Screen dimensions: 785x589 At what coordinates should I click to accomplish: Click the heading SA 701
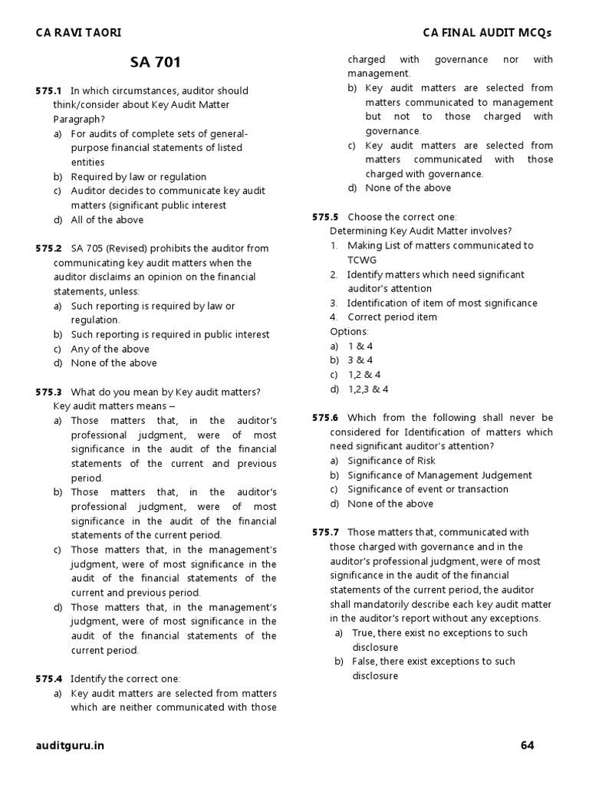(x=156, y=62)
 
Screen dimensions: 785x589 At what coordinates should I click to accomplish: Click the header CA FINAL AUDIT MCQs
(x=487, y=32)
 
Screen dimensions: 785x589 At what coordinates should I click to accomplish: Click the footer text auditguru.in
(x=70, y=745)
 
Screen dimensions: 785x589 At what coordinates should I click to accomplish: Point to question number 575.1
(x=48, y=90)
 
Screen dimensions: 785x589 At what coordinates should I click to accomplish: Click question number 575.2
(x=48, y=248)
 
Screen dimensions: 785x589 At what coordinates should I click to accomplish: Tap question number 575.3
(x=48, y=392)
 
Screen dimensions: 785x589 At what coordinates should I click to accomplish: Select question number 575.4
(x=48, y=678)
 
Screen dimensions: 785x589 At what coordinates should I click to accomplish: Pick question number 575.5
(x=325, y=217)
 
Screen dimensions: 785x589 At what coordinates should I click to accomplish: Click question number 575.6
(x=325, y=418)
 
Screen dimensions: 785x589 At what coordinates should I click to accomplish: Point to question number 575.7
(x=325, y=532)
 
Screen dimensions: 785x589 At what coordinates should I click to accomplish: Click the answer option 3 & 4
(x=360, y=360)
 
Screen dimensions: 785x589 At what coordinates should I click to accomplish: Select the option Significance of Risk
(x=391, y=461)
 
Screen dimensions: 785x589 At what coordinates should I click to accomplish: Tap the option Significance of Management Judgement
(x=439, y=475)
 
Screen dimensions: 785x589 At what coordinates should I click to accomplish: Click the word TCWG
(x=363, y=260)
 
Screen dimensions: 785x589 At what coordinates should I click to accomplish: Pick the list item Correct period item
(x=392, y=317)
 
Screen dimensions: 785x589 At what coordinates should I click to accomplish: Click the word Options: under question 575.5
(x=349, y=331)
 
